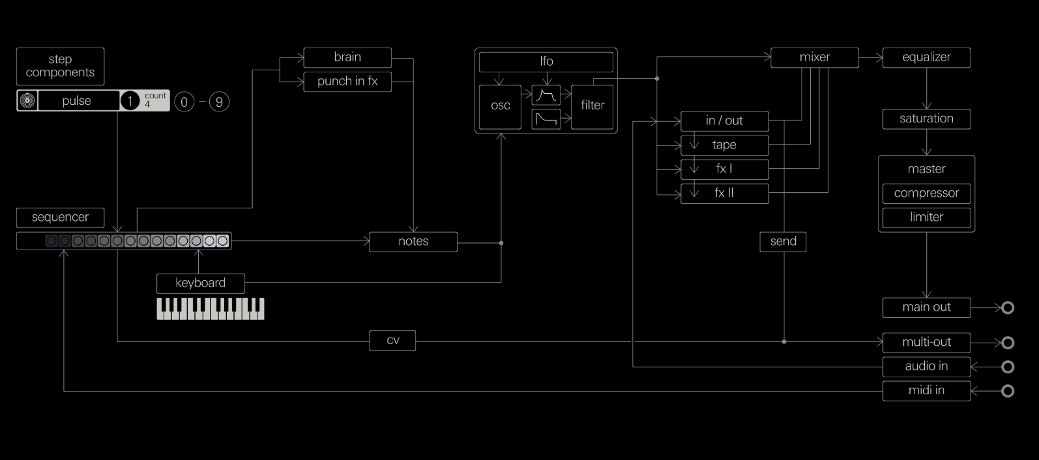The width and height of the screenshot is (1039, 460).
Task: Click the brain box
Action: click(347, 57)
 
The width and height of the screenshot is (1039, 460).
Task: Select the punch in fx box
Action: click(347, 81)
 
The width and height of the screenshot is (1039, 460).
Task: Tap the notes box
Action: click(413, 242)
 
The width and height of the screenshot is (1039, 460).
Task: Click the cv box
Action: click(392, 341)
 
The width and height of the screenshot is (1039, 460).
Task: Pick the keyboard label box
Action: click(201, 283)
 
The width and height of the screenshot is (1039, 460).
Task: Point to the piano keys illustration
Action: click(211, 309)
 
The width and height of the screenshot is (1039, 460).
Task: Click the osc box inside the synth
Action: click(500, 106)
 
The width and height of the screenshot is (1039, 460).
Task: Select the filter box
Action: click(593, 106)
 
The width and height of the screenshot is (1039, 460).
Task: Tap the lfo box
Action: click(546, 62)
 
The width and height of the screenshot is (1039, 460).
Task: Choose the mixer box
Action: click(815, 57)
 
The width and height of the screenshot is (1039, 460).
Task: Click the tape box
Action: click(724, 145)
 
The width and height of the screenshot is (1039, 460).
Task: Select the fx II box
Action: click(724, 194)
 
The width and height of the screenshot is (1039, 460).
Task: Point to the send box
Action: click(783, 242)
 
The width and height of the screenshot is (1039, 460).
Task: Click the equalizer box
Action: click(926, 57)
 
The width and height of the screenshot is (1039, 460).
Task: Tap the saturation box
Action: click(926, 119)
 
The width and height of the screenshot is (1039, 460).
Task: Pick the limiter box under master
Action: click(926, 218)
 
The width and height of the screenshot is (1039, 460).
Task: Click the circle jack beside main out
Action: click(1008, 308)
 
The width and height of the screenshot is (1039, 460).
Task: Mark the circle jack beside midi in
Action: click(1008, 391)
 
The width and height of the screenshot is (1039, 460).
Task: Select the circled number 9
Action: click(219, 102)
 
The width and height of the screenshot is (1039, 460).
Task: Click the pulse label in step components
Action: click(77, 101)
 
